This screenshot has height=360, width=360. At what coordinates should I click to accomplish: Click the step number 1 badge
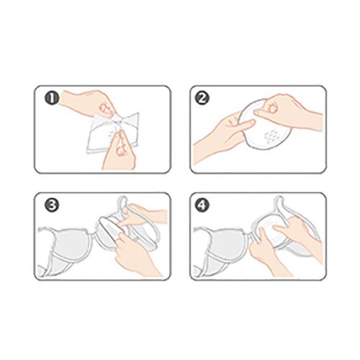[x=52, y=99]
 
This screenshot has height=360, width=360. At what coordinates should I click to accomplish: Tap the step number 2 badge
[x=202, y=99]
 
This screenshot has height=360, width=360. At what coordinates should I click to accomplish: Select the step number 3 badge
[x=52, y=205]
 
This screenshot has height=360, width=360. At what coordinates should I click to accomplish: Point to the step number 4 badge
[x=202, y=205]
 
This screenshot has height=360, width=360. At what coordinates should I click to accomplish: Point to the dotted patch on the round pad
[x=272, y=136]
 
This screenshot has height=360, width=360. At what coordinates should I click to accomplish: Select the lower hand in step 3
[x=135, y=254]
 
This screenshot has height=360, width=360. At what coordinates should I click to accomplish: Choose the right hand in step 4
[x=300, y=235]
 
